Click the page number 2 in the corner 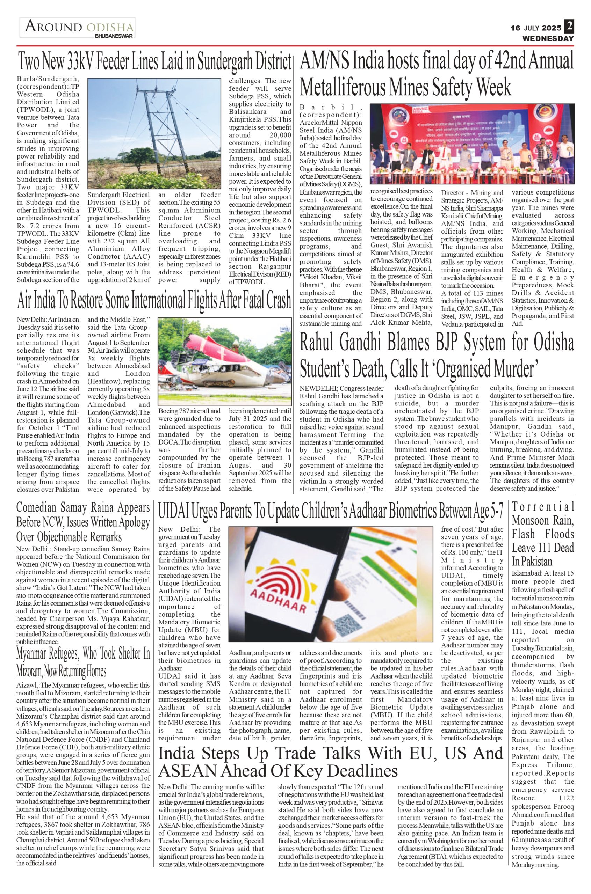569,26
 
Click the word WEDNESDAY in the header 548,38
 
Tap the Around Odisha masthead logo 77,27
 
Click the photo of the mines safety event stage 471,144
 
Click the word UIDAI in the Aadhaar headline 173,511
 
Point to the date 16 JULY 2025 535,28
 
